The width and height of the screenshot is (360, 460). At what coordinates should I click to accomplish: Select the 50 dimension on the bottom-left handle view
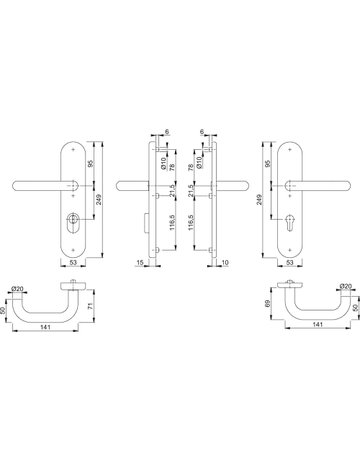point(7,308)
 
